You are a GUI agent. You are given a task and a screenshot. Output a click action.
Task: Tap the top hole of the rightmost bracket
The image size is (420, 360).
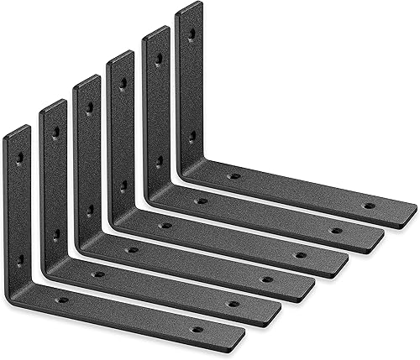tap(192, 34)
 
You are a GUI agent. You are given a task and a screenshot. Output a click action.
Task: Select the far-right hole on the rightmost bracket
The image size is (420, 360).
tap(369, 205)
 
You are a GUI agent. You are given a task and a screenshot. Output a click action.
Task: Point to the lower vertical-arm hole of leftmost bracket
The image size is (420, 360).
tap(20, 261)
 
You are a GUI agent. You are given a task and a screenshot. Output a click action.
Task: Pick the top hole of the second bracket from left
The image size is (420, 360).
tap(55, 132)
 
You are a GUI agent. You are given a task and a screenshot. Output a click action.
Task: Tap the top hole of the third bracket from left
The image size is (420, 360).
tap(89, 107)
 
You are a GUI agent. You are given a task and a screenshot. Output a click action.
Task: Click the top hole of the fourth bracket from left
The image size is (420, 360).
tap(123, 83)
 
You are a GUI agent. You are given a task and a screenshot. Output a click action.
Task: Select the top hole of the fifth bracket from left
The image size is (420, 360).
tap(158, 59)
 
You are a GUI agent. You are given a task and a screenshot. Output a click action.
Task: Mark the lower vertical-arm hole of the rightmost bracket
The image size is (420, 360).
tap(192, 135)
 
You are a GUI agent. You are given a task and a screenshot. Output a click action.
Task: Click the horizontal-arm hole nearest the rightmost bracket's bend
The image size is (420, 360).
tap(234, 176)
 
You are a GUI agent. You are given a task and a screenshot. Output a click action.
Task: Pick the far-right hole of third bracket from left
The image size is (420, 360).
tap(266, 279)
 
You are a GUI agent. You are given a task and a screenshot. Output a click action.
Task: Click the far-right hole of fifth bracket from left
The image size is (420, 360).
tap(335, 230)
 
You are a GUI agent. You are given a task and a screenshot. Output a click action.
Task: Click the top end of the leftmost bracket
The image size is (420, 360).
tap(18, 130)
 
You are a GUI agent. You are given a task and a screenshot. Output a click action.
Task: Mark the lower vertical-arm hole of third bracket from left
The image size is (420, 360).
tap(89, 211)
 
